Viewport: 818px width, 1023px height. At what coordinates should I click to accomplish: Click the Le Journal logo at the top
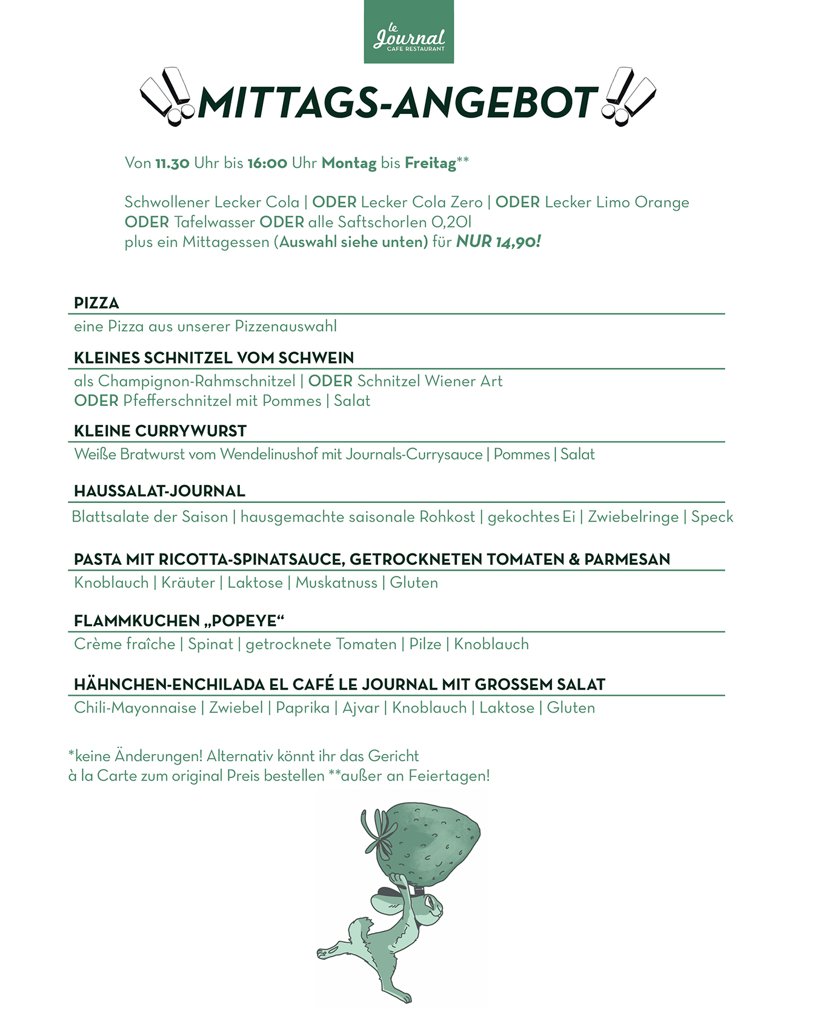[x=409, y=32]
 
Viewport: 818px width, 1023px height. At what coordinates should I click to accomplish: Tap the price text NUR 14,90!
[x=498, y=242]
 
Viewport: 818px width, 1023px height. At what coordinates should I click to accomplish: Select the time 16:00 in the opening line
[x=267, y=163]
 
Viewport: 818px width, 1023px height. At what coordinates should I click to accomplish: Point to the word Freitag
[x=430, y=163]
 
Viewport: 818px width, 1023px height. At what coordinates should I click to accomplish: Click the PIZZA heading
[x=96, y=303]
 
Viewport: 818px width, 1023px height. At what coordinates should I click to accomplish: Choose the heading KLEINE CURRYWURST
[x=160, y=431]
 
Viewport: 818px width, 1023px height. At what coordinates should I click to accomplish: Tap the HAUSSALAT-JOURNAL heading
[x=159, y=491]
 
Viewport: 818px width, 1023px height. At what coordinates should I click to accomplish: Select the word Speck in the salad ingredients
[x=712, y=517]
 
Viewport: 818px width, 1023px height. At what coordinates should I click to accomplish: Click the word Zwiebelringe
[x=633, y=517]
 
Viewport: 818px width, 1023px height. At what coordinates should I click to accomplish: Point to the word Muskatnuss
[x=336, y=583]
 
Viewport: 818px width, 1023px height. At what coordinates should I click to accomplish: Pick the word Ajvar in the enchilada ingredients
[x=361, y=708]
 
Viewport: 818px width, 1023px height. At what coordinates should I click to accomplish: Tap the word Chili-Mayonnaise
[x=135, y=708]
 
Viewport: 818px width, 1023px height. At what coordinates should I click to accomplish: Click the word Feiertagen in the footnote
[x=448, y=776]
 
